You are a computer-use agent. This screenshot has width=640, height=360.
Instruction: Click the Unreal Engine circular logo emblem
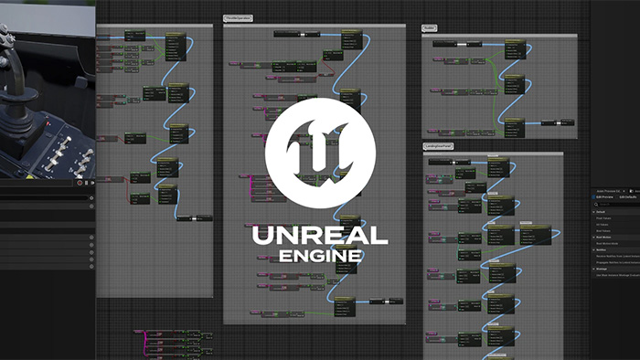[x=321, y=146]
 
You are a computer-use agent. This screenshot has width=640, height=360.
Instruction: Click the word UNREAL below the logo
[x=321, y=235]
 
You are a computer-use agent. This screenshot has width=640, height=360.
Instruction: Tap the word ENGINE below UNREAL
[x=321, y=257]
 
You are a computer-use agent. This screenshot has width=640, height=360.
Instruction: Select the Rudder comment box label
[x=429, y=28]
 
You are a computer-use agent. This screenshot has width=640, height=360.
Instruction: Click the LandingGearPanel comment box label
[x=439, y=146]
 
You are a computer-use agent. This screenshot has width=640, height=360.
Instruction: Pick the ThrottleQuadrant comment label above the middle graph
[x=239, y=17]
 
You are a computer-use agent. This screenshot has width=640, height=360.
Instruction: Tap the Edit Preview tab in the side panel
[x=603, y=196]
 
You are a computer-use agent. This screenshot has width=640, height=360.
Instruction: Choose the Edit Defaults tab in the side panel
[x=628, y=196]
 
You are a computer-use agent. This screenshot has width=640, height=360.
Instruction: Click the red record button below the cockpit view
[x=80, y=182]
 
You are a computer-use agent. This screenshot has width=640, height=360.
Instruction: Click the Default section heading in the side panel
[x=602, y=211]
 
